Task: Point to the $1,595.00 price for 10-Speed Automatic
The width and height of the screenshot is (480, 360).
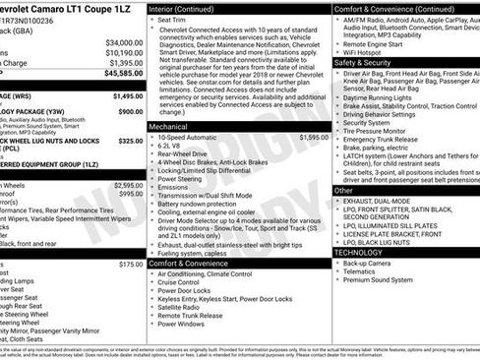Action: (308, 138)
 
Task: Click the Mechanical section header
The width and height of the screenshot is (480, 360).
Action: (168, 127)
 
